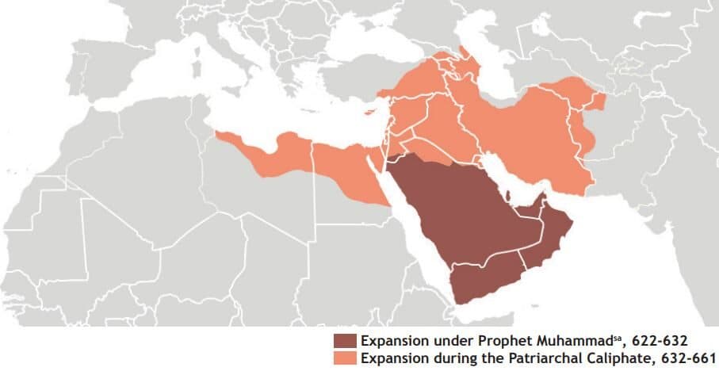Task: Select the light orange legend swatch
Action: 345,358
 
